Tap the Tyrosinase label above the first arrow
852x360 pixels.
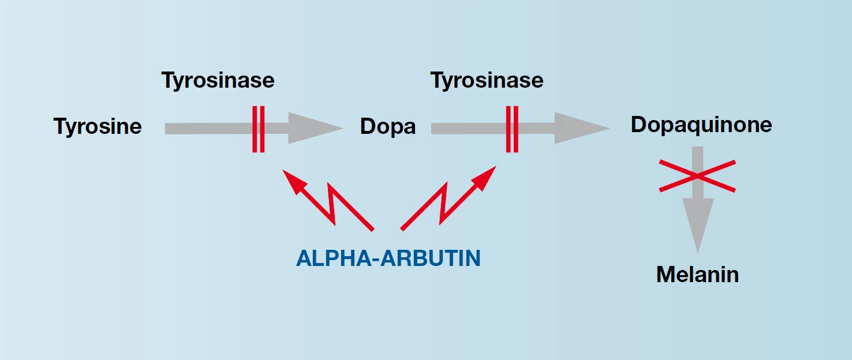point(218,81)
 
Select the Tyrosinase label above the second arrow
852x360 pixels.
point(487,81)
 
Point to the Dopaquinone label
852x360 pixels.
point(701,125)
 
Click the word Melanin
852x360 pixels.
point(697,275)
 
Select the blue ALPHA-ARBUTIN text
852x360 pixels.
point(388,258)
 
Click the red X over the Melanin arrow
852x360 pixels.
point(697,176)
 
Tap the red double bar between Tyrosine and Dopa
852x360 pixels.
point(258,129)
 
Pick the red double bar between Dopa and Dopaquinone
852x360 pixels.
point(512,129)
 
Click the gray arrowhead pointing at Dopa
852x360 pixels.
point(315,128)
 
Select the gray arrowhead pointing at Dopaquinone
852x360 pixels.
point(582,128)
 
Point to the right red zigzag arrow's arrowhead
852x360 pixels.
point(484,178)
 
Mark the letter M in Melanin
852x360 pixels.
point(666,275)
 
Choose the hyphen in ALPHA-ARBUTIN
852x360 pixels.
point(375,260)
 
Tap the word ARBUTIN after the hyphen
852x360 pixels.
point(431,258)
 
